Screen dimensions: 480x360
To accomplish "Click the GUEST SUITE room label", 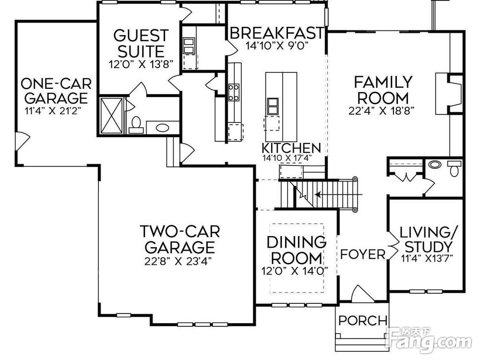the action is pos(141,43).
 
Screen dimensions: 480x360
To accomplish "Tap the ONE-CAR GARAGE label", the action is pos(56,91).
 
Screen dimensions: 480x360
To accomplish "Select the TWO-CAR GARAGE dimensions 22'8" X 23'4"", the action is pos(179,261).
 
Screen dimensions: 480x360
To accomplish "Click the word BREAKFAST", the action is pos(276,33).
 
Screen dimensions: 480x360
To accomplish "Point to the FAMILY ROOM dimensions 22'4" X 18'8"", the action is pos(382,110).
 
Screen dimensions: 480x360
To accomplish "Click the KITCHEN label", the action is pos(291,148).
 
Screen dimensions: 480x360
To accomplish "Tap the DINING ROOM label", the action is pos(296,250).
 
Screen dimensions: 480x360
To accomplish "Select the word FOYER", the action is pos(363,254).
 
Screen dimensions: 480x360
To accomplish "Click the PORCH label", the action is pos(363,321).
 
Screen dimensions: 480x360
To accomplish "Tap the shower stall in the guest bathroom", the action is pos(111,115).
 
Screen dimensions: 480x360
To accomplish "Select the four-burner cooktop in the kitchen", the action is pos(234,92).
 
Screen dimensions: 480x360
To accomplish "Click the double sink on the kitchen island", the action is pos(273,106).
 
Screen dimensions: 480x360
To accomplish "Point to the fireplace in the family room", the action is pos(449,94).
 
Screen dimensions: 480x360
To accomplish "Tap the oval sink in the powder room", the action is pos(435,164).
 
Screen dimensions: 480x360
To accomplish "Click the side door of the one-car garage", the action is pos(22,142).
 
